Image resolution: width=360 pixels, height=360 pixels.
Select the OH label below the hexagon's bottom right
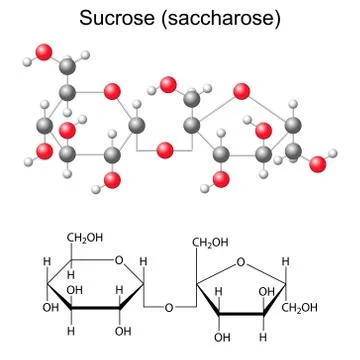pos(120,333)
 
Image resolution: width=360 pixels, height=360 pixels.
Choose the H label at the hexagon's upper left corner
pos(44,265)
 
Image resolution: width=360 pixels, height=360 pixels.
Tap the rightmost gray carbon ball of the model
pos(291,125)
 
